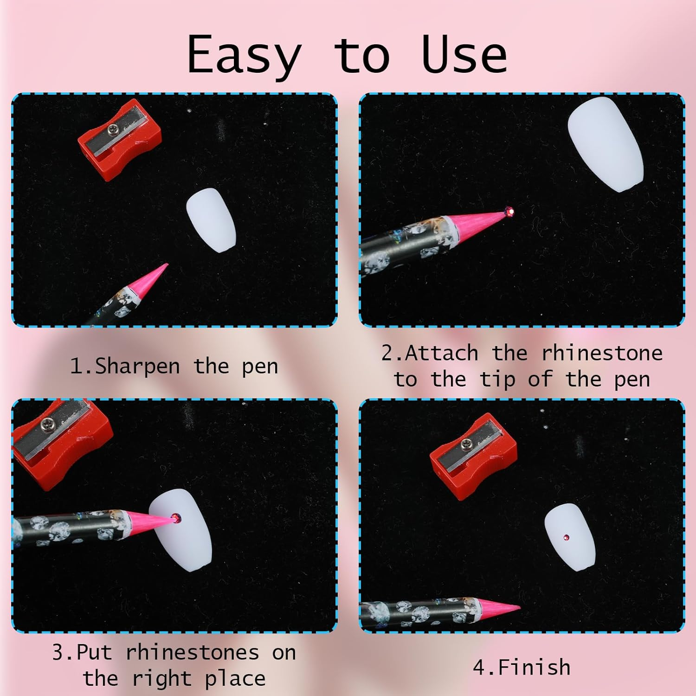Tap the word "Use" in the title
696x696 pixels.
[464, 55]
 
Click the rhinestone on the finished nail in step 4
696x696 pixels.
[566, 537]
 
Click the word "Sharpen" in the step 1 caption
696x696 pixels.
[137, 367]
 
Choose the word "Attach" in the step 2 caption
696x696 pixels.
[442, 354]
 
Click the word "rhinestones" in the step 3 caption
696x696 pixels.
[193, 653]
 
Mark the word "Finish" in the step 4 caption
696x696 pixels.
[534, 668]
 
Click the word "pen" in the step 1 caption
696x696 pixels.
[260, 367]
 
